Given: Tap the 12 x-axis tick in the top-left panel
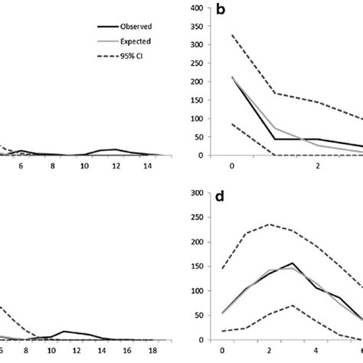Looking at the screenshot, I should click(x=116, y=165).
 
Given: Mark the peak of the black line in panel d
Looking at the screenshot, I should click(x=293, y=263).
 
